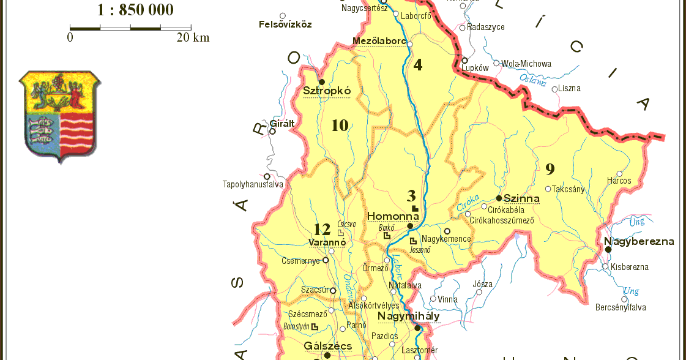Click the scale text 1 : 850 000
[135, 10]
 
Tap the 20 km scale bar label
[193, 38]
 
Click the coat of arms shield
[60, 115]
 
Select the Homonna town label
[393, 216]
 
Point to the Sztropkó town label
[327, 91]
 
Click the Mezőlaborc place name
[379, 41]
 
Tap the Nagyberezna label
[639, 241]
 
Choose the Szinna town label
[521, 198]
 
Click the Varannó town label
[327, 242]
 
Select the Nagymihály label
[408, 317]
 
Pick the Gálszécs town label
[328, 346]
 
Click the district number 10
[340, 126]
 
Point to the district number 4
[418, 65]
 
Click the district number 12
[322, 230]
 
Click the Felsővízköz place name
[285, 24]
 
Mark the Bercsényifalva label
[621, 307]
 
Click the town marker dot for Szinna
[499, 198]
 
